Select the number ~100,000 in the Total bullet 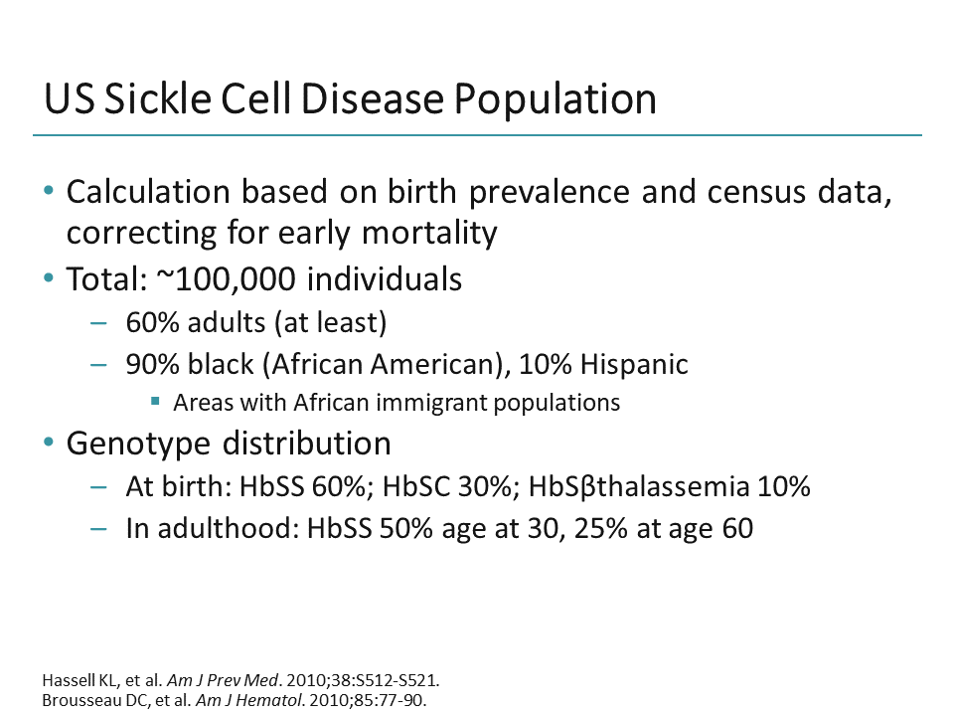pyautogui.click(x=226, y=279)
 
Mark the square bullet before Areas pyautogui.click(x=156, y=403)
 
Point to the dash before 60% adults pyautogui.click(x=98, y=322)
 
